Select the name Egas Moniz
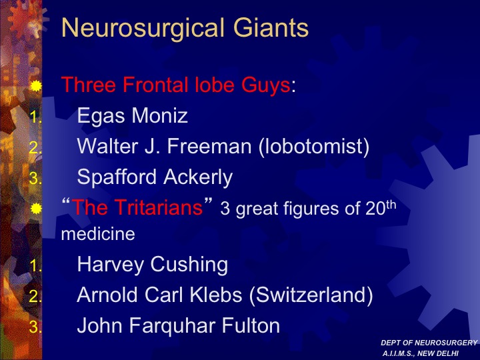coord(132,116)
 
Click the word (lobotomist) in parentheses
coord(314,146)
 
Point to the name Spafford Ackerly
coord(155,177)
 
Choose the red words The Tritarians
coord(137,207)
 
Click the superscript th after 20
coord(391,205)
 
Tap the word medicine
coord(98,234)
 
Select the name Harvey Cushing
coord(153,265)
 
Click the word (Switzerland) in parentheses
coord(311,295)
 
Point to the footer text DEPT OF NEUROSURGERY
coord(429,343)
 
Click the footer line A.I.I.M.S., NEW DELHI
coord(420,353)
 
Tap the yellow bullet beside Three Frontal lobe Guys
coord(36,86)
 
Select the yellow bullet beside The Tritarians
coord(36,209)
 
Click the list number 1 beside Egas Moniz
coord(35,117)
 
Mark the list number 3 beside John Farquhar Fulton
coord(35,326)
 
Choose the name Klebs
coord(216,295)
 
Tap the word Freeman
coord(209,146)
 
